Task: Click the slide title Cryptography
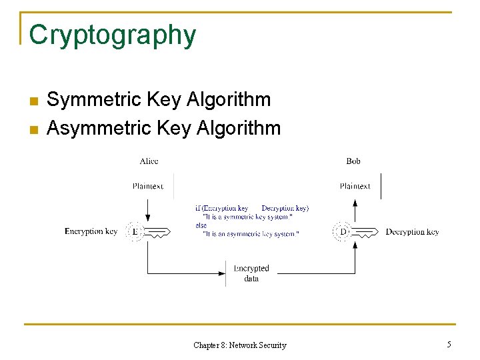pyautogui.click(x=113, y=35)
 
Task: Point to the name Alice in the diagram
pyautogui.click(x=149, y=161)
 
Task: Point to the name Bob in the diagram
pyautogui.click(x=353, y=161)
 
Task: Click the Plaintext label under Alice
pyautogui.click(x=147, y=186)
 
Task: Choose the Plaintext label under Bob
pyautogui.click(x=355, y=186)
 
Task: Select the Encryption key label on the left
pyautogui.click(x=91, y=231)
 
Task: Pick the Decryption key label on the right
pyautogui.click(x=412, y=231)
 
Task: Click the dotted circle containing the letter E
pyautogui.click(x=135, y=231)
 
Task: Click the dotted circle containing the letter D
pyautogui.click(x=342, y=231)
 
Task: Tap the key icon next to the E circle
pyautogui.click(x=157, y=232)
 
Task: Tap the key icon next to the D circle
pyautogui.click(x=365, y=232)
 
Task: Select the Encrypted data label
pyautogui.click(x=251, y=273)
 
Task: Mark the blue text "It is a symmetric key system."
pyautogui.click(x=247, y=217)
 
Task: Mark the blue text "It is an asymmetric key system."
pyautogui.click(x=251, y=234)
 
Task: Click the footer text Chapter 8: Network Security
pyautogui.click(x=239, y=345)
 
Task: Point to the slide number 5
pyautogui.click(x=449, y=345)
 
